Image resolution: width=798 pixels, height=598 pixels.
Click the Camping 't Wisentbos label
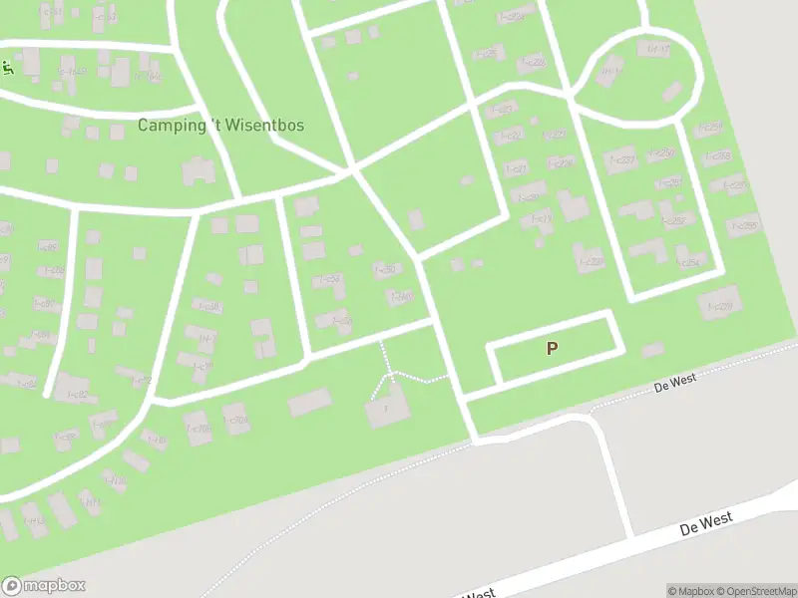(x=220, y=126)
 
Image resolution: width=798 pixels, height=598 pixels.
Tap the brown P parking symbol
(x=551, y=348)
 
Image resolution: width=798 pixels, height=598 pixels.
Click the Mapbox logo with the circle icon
(x=43, y=586)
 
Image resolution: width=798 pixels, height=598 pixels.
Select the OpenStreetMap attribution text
(x=756, y=591)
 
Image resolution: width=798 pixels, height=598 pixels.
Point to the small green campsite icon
(x=7, y=68)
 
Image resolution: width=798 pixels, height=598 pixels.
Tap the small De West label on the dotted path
(x=675, y=381)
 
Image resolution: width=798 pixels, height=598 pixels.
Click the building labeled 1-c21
(x=516, y=169)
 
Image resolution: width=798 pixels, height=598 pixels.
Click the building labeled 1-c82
(x=77, y=394)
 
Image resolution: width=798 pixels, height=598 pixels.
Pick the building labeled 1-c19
(x=542, y=219)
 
